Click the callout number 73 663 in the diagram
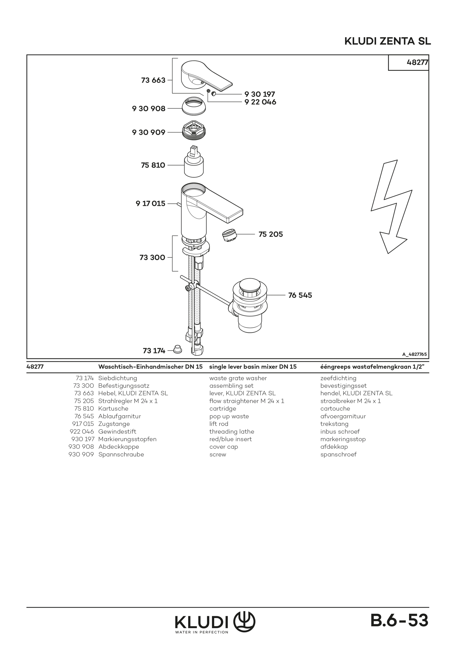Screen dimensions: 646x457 point(153,80)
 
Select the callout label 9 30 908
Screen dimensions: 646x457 point(149,109)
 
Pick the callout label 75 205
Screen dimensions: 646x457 point(271,234)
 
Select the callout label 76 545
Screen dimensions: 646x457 point(300,295)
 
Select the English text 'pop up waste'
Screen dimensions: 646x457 point(229,416)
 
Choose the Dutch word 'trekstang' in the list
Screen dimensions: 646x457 point(334,424)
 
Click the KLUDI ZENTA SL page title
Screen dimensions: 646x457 point(388,41)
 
